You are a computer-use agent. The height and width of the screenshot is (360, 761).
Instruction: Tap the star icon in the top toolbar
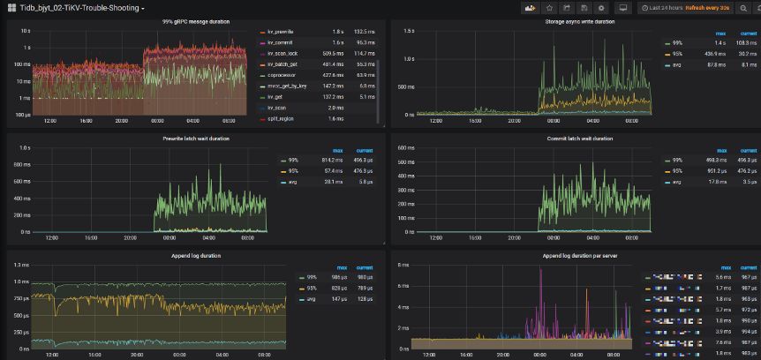550,8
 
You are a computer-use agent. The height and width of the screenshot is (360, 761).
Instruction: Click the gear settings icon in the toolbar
601,8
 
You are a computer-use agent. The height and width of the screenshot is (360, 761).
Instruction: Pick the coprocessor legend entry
281,75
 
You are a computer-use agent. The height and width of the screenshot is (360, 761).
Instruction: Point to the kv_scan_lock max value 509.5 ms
333,54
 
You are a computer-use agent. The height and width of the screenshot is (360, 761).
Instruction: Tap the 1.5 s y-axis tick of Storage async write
409,30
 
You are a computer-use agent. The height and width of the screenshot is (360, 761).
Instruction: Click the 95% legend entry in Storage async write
677,54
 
